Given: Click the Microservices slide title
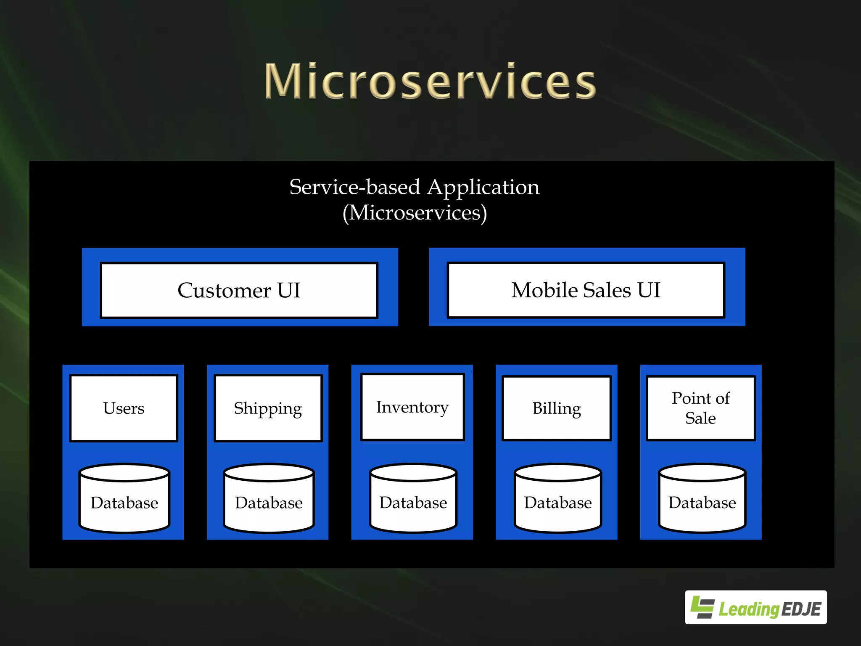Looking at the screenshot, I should [x=430, y=81].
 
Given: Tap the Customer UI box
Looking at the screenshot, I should [x=239, y=290].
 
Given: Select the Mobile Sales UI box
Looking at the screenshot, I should [x=586, y=290].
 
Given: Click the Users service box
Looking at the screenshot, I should [x=124, y=408].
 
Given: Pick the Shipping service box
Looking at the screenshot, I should [x=268, y=408].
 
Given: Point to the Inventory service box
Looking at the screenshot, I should [x=412, y=407].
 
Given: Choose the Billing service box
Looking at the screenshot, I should [x=556, y=408].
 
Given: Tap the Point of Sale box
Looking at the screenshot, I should [x=700, y=408].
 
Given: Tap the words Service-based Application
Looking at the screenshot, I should [x=414, y=187].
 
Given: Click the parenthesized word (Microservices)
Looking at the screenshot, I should [x=415, y=213].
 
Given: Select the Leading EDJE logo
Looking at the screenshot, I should [x=755, y=607].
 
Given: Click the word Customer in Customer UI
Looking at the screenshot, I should [x=224, y=290].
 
